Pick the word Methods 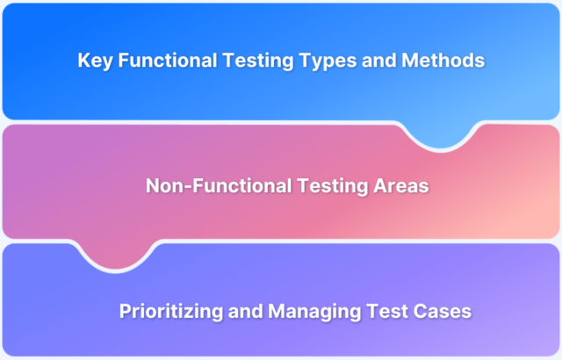[x=439, y=61]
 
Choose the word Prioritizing [x=168, y=311]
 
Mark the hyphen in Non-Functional [x=184, y=186]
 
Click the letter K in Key [x=84, y=61]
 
